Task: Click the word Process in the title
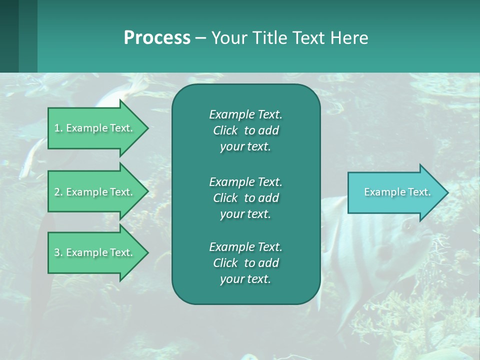click(157, 38)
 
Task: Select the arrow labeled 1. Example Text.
click(95, 128)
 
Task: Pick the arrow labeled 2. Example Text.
click(95, 192)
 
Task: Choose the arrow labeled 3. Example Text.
click(95, 252)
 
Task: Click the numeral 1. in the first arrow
click(58, 128)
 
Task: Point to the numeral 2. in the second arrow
click(58, 192)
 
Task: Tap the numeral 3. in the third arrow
click(58, 252)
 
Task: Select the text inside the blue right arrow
click(397, 192)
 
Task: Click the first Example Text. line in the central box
click(245, 114)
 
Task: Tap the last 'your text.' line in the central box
click(245, 279)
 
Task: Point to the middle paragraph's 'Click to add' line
click(245, 198)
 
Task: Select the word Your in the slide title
click(229, 38)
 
